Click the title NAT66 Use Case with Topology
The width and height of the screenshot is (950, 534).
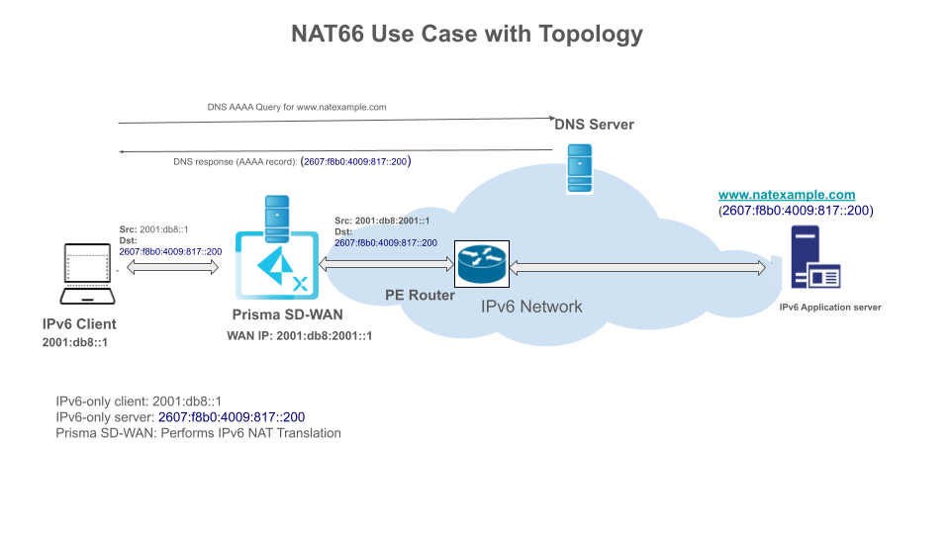point(467,34)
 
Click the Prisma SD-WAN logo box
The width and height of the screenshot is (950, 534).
point(277,265)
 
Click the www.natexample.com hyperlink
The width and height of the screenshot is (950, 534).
point(787,196)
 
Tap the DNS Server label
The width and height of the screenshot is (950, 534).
point(594,125)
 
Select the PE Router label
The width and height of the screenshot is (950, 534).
point(420,296)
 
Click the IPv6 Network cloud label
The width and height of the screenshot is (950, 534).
point(531,307)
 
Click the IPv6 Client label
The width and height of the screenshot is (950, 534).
point(79,324)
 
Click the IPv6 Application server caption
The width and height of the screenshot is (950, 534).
point(829,308)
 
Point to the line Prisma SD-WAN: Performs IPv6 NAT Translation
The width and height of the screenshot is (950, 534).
point(198,433)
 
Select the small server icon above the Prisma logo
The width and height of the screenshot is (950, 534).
point(276,213)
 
